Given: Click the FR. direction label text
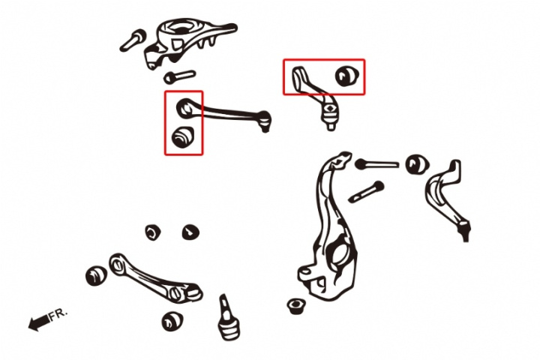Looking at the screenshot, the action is [x=58, y=314].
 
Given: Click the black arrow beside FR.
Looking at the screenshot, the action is [x=39, y=322].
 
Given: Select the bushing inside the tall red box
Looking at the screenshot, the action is [x=182, y=136].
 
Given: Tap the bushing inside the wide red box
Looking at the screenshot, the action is [x=347, y=76].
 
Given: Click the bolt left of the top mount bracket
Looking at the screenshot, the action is [x=133, y=40].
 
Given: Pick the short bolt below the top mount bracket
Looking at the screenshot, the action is [x=179, y=76].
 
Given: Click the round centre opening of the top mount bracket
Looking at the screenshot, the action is [x=180, y=28].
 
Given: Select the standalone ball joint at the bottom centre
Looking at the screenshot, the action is [x=228, y=318].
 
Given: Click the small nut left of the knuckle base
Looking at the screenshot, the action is [x=295, y=305].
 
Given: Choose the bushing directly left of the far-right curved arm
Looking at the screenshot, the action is [x=417, y=165].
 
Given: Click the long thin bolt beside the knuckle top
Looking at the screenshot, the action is [x=376, y=164].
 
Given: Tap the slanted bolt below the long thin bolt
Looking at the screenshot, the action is [x=366, y=192].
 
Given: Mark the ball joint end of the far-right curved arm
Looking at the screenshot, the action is [x=465, y=231].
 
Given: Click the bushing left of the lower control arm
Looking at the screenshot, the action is [x=96, y=275].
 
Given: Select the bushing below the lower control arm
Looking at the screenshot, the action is [x=172, y=322].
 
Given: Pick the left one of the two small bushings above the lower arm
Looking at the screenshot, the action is [x=153, y=232].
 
